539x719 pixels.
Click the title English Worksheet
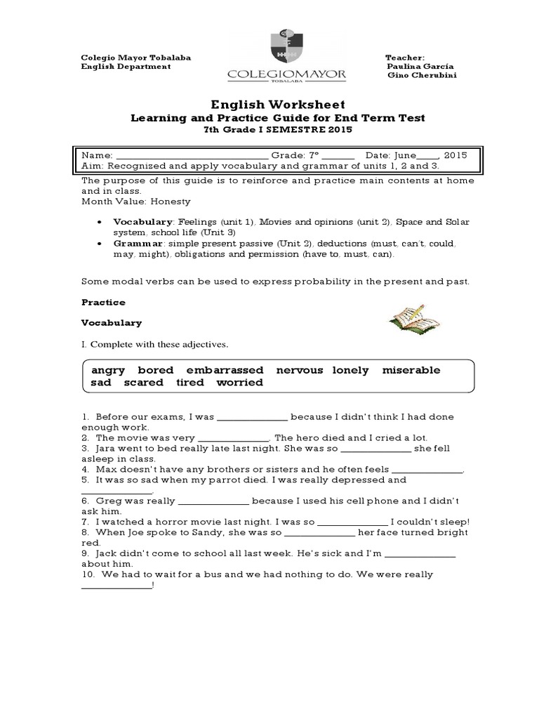269,104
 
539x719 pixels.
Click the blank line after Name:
191,155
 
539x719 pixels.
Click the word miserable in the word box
411,370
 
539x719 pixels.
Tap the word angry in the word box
109,370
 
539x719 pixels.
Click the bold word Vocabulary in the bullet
142,221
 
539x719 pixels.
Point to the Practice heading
103,302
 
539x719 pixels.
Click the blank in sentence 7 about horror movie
353,522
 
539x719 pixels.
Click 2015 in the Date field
455,155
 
